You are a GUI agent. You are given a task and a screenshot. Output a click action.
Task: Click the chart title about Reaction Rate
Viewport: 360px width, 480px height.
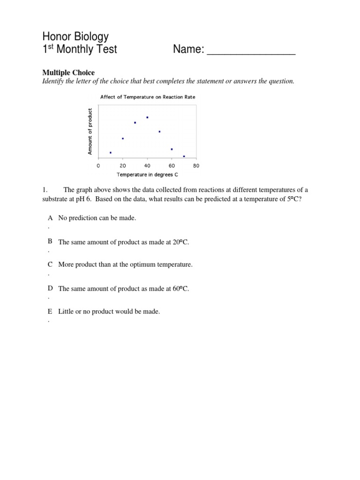pos(148,97)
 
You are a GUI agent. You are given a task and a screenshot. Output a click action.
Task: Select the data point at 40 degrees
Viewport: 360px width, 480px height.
pos(147,117)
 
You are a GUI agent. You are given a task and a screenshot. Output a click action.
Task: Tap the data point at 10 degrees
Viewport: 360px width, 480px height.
pos(111,152)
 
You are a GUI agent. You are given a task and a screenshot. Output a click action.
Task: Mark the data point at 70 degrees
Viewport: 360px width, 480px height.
pos(184,156)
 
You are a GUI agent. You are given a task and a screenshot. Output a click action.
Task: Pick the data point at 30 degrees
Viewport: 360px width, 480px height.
pos(135,123)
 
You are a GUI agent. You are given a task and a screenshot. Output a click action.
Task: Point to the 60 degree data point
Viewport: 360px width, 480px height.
pos(172,149)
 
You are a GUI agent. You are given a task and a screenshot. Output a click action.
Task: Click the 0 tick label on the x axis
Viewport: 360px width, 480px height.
pos(98,165)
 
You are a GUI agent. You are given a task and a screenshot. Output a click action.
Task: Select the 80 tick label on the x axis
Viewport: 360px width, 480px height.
pos(196,165)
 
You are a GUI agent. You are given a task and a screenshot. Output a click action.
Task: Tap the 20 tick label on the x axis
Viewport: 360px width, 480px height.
pos(122,165)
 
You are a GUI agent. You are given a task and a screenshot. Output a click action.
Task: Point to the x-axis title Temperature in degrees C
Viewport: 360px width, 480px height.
pos(147,174)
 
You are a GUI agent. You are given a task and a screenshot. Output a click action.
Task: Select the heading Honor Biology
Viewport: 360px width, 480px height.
pos(75,37)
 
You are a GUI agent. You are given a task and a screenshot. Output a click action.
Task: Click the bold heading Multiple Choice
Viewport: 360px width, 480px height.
pos(68,73)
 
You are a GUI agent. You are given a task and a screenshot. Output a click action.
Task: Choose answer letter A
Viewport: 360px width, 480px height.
pos(50,218)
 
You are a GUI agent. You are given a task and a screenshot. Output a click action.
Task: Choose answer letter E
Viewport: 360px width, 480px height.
pos(50,311)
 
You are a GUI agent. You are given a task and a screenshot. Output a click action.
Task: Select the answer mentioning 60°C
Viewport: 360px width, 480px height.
pos(124,289)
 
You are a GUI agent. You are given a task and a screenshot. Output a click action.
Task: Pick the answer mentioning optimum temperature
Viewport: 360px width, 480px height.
pos(125,264)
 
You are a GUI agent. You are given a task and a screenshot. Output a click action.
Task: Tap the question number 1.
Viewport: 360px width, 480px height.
pos(45,190)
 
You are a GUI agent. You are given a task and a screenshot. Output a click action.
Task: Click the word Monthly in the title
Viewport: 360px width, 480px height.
pos(77,49)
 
